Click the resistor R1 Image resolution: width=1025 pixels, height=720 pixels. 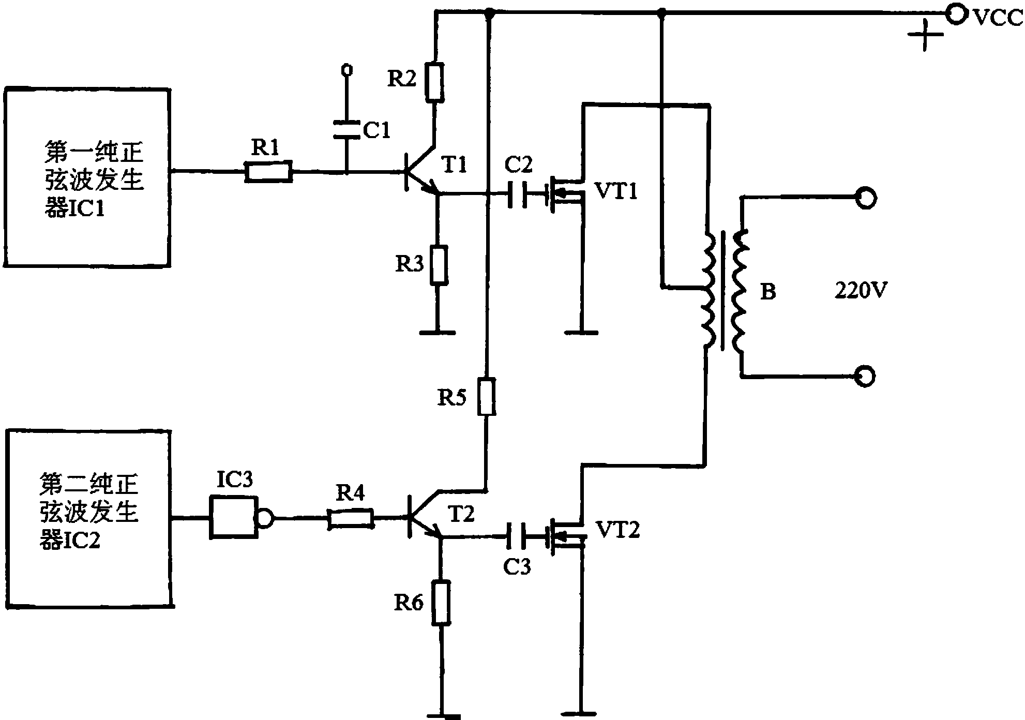[x=268, y=171]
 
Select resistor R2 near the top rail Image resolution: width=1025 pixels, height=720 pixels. [x=435, y=82]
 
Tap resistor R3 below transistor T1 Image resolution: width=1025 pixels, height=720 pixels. [x=439, y=265]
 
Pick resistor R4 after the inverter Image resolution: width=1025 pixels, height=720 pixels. [x=351, y=519]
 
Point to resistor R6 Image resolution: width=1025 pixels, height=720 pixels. [x=441, y=603]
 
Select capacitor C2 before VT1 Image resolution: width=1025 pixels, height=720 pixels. [x=517, y=194]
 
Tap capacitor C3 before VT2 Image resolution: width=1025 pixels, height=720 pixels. [x=517, y=536]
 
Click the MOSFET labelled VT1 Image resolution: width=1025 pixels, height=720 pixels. [x=566, y=194]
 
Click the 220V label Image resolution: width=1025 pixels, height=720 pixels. [x=861, y=291]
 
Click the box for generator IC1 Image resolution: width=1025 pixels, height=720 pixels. [x=87, y=177]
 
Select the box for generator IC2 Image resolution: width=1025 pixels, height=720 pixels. [x=90, y=517]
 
